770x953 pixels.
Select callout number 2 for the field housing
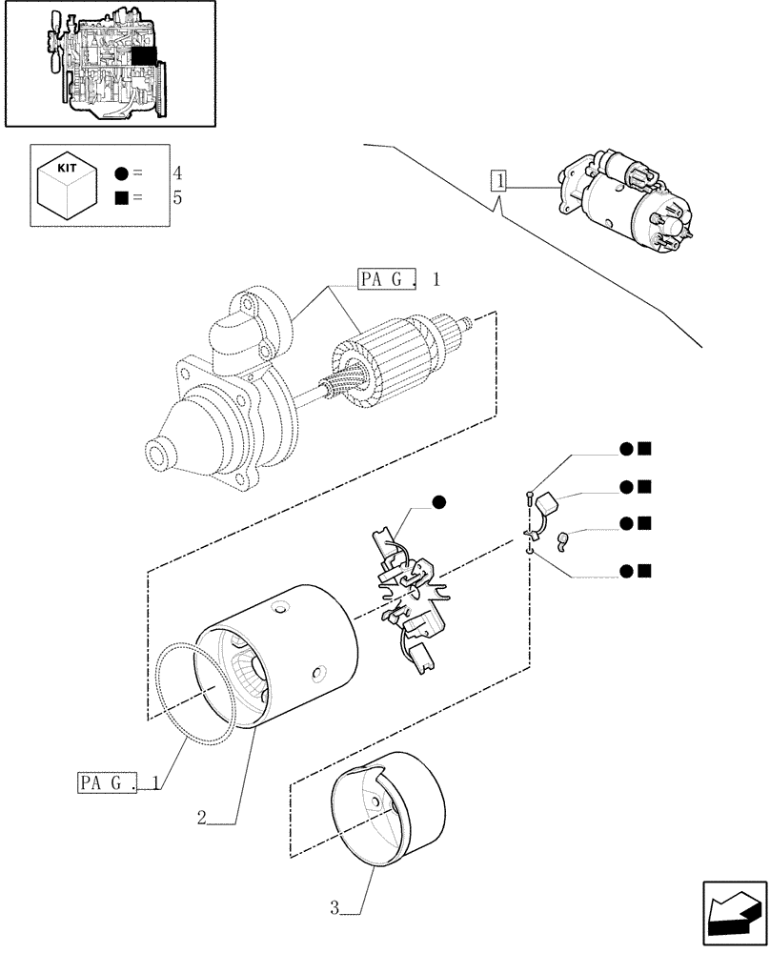pyautogui.click(x=202, y=817)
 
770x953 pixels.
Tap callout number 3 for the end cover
pyautogui.click(x=335, y=908)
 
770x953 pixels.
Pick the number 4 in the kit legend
pyautogui.click(x=177, y=173)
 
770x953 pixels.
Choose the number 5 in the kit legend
pyautogui.click(x=177, y=198)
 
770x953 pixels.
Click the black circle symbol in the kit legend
pyautogui.click(x=121, y=173)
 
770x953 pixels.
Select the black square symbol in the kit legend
pyautogui.click(x=121, y=198)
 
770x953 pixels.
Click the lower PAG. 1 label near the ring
pyautogui.click(x=116, y=783)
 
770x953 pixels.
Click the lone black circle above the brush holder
pyautogui.click(x=438, y=502)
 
